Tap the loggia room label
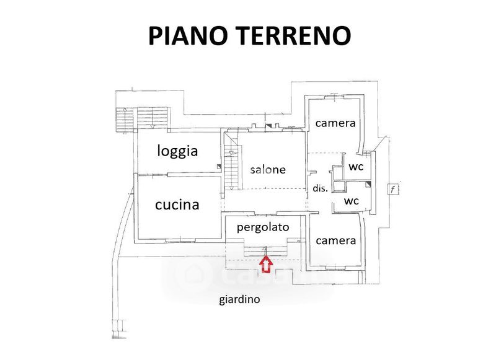(x=177, y=151)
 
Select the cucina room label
(x=177, y=204)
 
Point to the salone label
(x=268, y=169)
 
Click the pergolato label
(x=263, y=227)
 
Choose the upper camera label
(x=335, y=123)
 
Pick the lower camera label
(x=335, y=240)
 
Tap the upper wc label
(x=355, y=167)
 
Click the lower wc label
(x=352, y=201)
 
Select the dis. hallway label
(x=319, y=189)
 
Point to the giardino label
(x=239, y=300)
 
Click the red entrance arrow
(x=265, y=265)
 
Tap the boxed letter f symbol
(x=392, y=189)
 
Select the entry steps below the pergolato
(x=265, y=250)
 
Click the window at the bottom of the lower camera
(x=335, y=268)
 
